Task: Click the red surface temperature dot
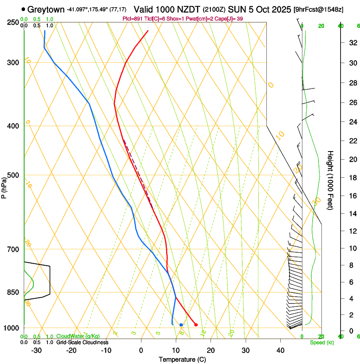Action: click(196, 325)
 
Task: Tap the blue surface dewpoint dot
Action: click(181, 325)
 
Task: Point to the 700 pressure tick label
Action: click(13, 249)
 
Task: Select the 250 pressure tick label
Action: click(13, 22)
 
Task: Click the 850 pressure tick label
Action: click(13, 292)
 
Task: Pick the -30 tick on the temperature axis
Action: click(36, 350)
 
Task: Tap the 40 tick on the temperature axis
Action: click(280, 350)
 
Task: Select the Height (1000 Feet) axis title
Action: click(330, 180)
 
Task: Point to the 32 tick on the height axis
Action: click(352, 43)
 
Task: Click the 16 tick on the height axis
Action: click(352, 196)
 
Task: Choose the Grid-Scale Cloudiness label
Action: click(82, 342)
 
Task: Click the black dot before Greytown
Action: click(23, 9)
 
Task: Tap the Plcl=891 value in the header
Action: click(132, 19)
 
